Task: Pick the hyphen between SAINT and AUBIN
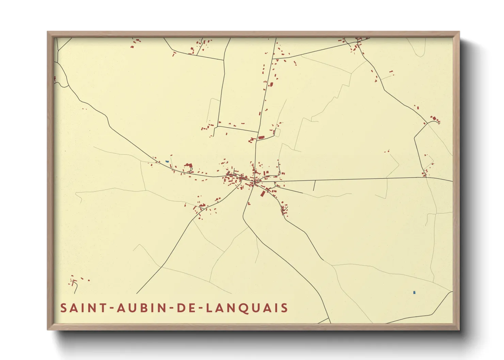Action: coord(111,308)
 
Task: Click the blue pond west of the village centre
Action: coord(167,162)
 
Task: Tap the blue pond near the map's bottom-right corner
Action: coord(414,292)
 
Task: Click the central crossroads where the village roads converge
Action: coord(254,182)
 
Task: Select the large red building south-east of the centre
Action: coord(263,193)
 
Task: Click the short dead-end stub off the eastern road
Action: coord(314,186)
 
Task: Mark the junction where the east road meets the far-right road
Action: coord(426,177)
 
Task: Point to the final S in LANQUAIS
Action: coord(285,308)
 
